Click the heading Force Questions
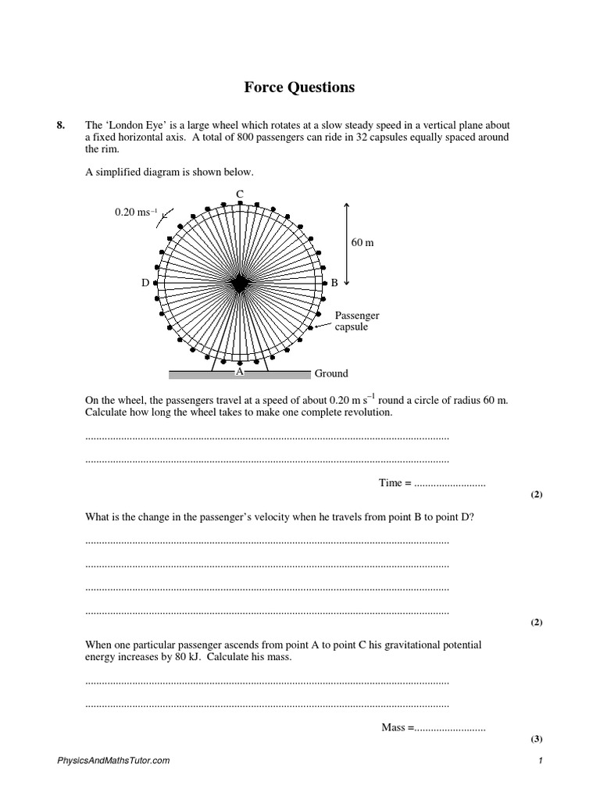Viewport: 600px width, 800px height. (299, 87)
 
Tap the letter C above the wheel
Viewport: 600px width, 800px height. (239, 194)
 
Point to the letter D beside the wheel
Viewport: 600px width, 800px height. (145, 284)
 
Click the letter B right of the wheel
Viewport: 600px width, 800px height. (334, 284)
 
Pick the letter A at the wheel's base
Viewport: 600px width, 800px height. (240, 373)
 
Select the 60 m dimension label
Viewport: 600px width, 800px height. (362, 242)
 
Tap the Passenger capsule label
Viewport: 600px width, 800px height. (357, 321)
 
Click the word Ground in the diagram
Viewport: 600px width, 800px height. (331, 373)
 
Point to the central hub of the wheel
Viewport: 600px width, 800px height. (239, 284)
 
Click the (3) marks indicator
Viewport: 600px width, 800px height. (536, 739)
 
